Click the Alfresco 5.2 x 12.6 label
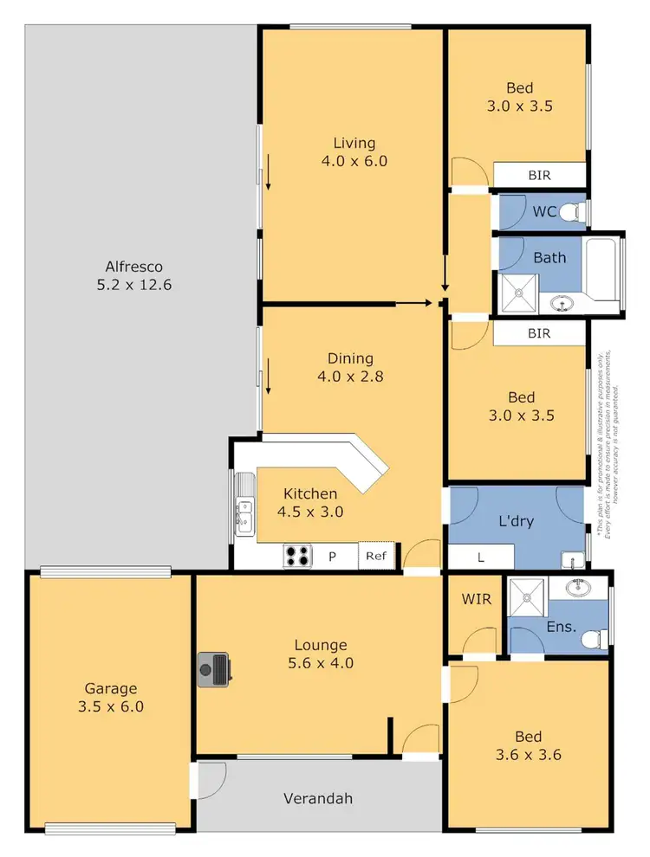134,275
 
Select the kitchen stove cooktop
297,556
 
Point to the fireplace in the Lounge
214,669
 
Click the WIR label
472,598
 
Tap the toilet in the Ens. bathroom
591,639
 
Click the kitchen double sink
244,512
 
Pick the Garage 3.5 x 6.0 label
110,697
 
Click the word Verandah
318,798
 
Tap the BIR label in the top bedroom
539,175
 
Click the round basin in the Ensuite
576,589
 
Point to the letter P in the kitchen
331,557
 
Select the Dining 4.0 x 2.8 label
350,367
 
